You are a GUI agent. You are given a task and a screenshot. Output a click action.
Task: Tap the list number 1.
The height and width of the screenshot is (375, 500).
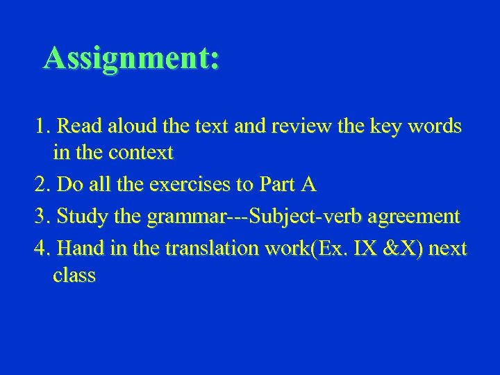click(42, 127)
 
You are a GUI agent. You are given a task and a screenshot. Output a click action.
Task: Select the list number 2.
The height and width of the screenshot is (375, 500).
click(42, 185)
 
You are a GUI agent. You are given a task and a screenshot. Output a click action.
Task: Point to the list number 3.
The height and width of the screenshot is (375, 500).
click(42, 217)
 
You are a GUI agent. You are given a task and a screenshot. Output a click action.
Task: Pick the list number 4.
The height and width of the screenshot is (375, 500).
click(42, 249)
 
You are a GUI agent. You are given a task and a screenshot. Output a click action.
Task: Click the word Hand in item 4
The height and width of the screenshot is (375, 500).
click(79, 249)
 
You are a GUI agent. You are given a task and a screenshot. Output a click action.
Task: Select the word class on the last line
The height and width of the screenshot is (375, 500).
click(74, 275)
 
